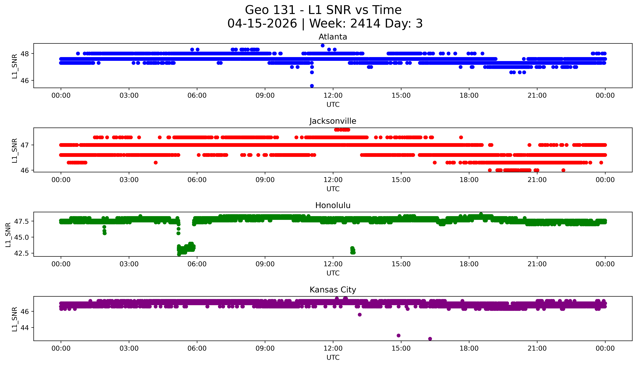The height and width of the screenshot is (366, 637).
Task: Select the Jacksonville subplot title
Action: (x=333, y=121)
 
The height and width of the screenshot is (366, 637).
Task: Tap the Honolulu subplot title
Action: (x=333, y=205)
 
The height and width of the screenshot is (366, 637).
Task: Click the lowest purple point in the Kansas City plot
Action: (x=430, y=339)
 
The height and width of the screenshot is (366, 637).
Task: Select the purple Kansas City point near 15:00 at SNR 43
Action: (x=398, y=336)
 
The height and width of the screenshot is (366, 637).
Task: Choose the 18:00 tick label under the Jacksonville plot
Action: (x=469, y=180)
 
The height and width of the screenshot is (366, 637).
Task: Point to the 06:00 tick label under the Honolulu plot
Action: (x=197, y=264)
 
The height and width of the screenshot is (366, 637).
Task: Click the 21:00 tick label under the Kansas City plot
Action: (x=537, y=348)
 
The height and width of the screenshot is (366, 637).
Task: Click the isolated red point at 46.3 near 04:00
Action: (x=156, y=163)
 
